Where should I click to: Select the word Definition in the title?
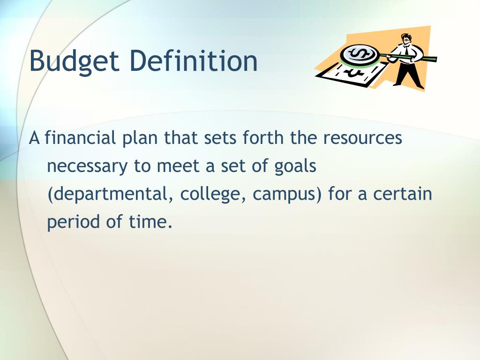pyautogui.click(x=194, y=60)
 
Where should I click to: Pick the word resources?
pyautogui.click(x=362, y=139)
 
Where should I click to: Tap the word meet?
pyautogui.click(x=178, y=166)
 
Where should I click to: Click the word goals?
pyautogui.click(x=295, y=167)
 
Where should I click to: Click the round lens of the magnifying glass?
pyautogui.click(x=359, y=55)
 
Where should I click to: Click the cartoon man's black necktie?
pyautogui.click(x=407, y=52)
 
